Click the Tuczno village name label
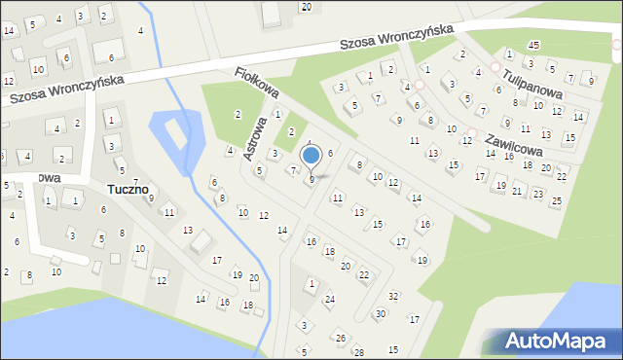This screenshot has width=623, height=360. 128,189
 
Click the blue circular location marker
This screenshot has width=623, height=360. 311,155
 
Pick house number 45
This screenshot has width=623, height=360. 533,46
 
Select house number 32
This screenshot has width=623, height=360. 393,296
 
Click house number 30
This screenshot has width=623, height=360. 380,313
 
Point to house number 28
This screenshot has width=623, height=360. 358,351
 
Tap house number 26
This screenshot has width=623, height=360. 341,338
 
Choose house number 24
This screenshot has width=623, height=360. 329,299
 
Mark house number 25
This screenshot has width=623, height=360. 556,201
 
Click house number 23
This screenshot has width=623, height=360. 538,194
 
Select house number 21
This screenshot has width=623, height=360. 518,190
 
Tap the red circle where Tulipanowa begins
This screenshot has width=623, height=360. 495,68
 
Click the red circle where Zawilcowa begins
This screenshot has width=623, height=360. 472,132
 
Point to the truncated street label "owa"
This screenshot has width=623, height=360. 49,178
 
